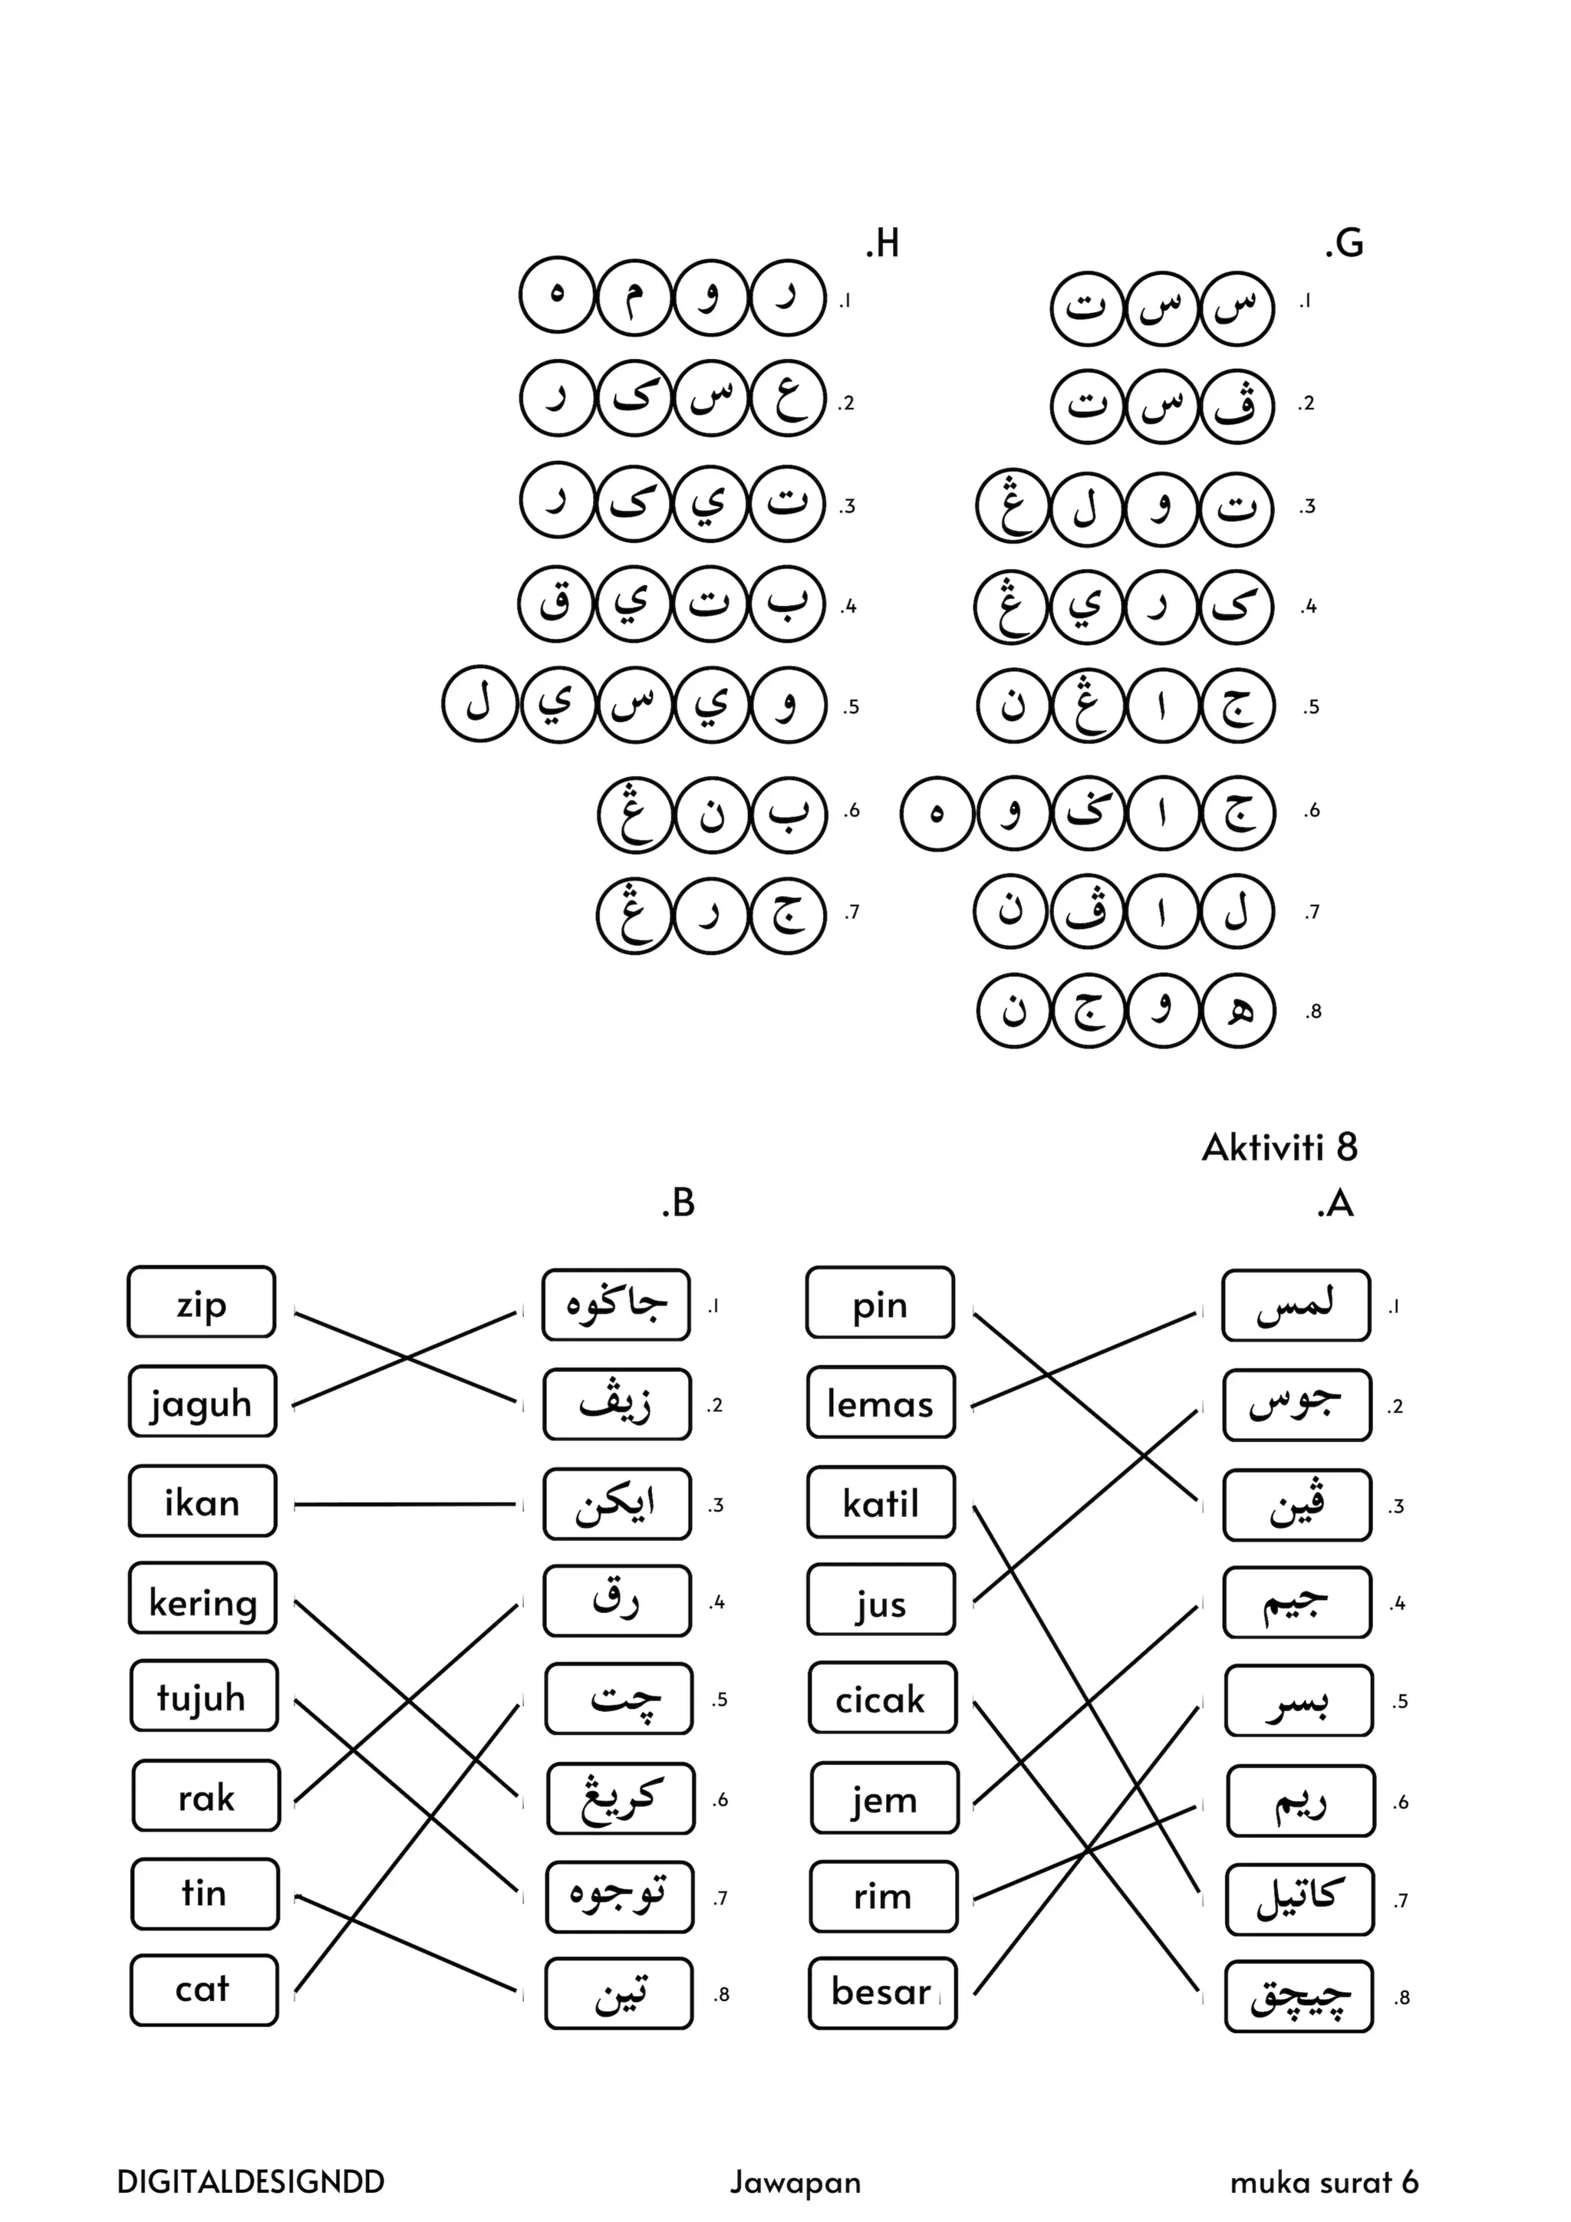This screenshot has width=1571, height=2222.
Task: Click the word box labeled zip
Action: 201,1302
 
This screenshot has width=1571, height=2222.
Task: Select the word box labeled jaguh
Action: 201,1401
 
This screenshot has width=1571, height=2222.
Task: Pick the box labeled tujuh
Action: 203,1697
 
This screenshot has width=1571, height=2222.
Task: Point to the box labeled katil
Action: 881,1502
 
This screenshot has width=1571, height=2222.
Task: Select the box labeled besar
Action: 882,1992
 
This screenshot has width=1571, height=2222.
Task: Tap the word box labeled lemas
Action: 880,1402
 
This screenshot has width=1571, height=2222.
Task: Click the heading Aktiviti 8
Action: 1279,1147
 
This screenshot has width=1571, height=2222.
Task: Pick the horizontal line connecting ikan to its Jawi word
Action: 404,1504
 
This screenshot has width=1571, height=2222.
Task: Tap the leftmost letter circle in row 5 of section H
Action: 479,703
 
